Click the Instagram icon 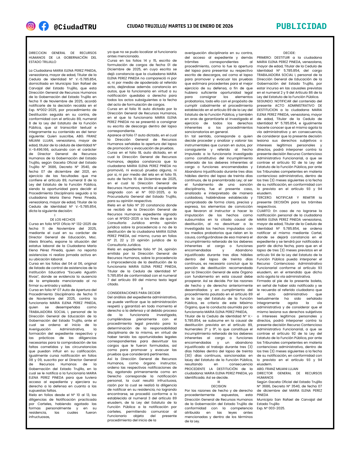click(x=31, y=26)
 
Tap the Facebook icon click(x=44, y=26)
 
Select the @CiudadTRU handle click(x=75, y=27)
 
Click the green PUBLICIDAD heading click(x=301, y=26)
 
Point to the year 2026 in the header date click(x=228, y=26)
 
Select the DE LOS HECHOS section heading click(x=63, y=220)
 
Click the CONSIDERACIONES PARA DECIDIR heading click(x=134, y=293)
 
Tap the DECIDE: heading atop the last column click(x=289, y=53)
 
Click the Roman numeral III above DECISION click(x=219, y=382)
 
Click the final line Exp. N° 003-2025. click(x=271, y=408)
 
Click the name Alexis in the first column click(x=33, y=242)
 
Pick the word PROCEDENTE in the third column click(x=195, y=369)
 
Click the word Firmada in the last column click(x=264, y=281)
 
